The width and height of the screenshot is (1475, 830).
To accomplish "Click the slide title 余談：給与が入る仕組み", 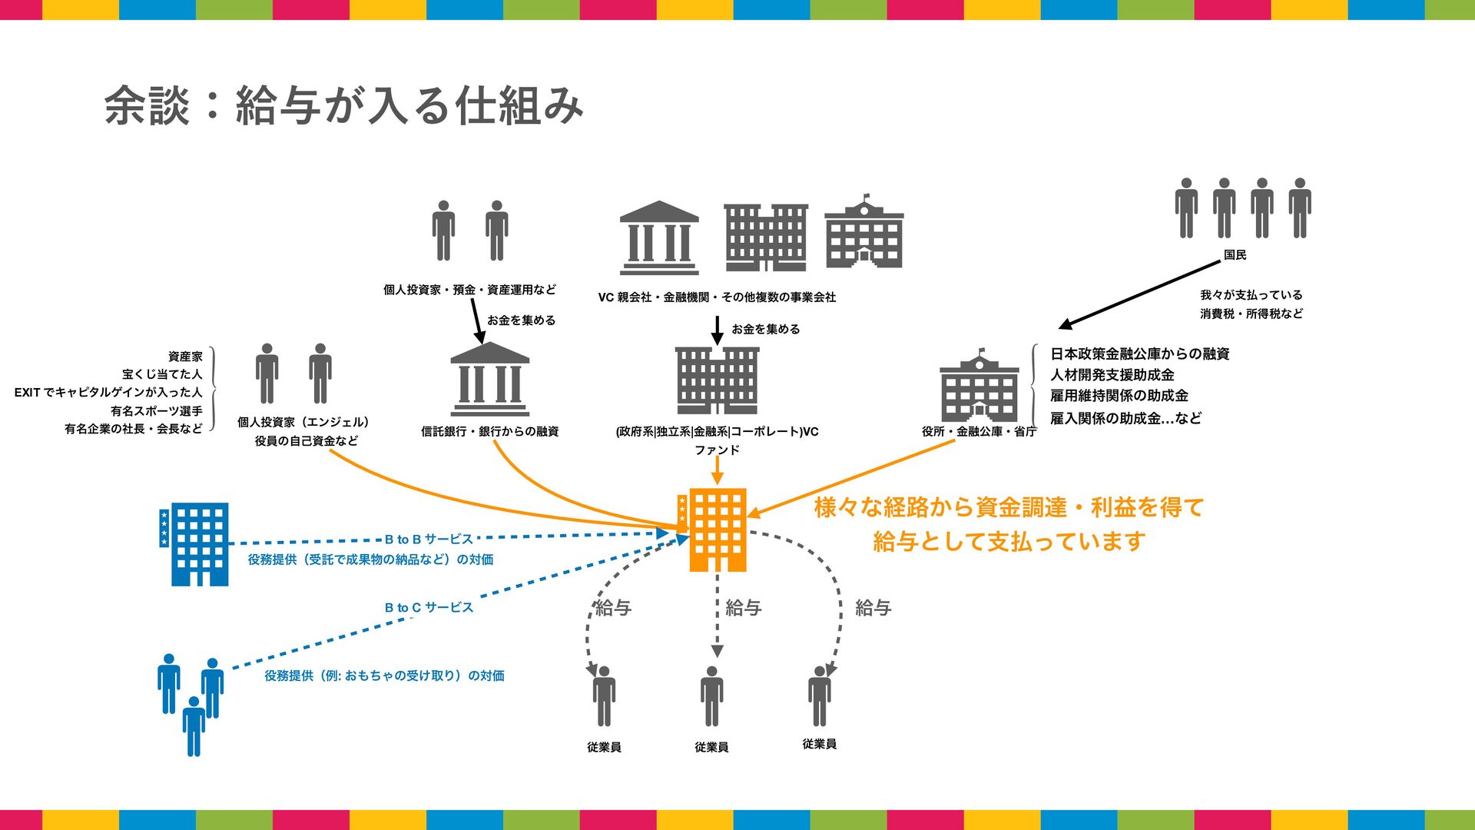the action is click(343, 105).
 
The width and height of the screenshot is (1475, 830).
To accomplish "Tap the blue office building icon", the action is click(195, 544).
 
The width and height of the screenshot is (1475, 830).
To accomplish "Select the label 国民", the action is click(1235, 255).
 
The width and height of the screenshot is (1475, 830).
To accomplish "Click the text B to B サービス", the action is click(429, 539).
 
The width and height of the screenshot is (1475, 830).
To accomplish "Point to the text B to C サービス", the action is click(429, 608).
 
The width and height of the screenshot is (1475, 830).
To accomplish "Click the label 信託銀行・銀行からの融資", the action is click(489, 432).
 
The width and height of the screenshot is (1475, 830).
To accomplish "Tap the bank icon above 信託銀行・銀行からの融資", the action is click(489, 380).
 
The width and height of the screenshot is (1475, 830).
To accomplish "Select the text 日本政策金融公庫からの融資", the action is click(1140, 354).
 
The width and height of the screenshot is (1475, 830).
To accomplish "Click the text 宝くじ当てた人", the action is click(162, 374).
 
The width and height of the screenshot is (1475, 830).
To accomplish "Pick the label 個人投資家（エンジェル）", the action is click(303, 422).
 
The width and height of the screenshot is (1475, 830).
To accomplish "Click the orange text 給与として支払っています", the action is click(1009, 542).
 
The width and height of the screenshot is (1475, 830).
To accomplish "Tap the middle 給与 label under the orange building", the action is click(743, 608).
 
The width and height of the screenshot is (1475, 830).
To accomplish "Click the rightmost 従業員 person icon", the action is click(820, 696).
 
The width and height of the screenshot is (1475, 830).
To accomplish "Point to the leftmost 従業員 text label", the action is click(604, 747).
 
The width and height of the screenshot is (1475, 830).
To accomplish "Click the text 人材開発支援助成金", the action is click(1112, 375).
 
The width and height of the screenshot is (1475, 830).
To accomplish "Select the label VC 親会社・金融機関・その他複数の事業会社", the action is click(717, 297).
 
